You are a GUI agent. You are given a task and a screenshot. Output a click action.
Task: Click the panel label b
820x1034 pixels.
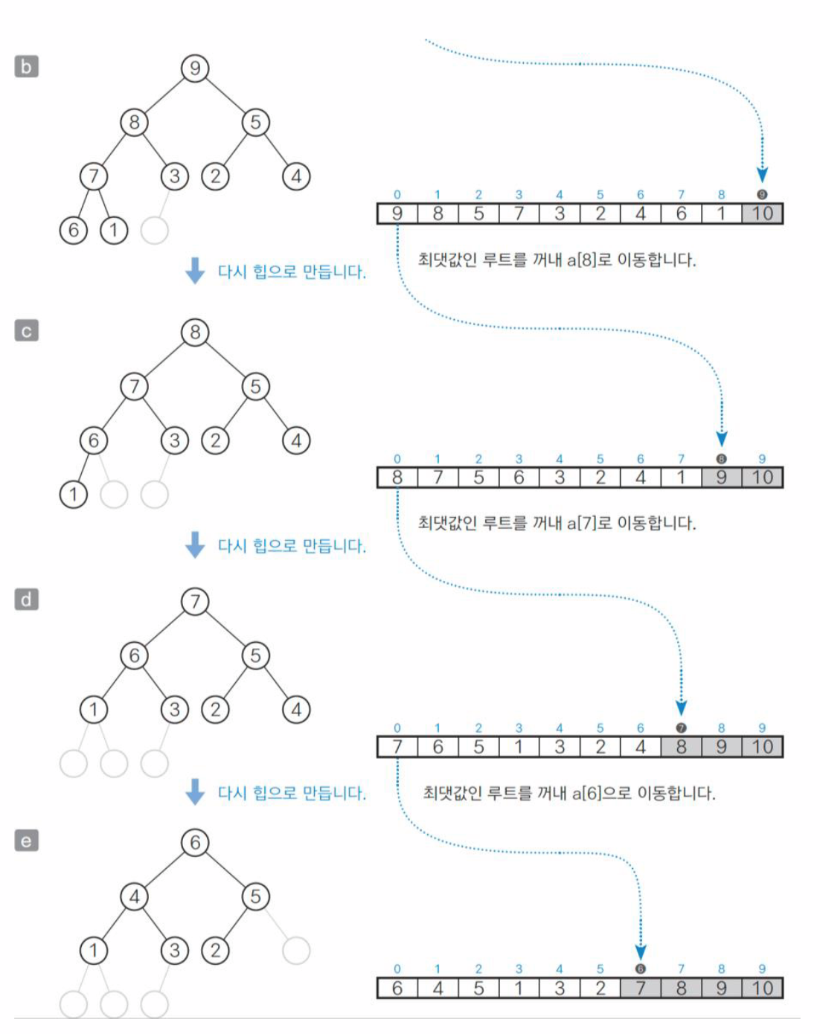(x=26, y=66)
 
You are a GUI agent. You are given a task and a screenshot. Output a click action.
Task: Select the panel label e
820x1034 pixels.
(x=26, y=841)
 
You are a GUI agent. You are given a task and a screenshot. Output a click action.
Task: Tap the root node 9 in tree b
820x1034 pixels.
(x=195, y=68)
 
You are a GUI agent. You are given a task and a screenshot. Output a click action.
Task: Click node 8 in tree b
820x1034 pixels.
(x=134, y=122)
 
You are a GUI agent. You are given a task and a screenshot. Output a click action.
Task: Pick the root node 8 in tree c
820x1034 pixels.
(x=195, y=333)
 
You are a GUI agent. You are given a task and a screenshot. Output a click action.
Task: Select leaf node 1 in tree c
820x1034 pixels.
(x=73, y=494)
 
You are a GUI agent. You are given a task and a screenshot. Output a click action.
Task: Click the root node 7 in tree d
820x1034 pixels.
(x=195, y=601)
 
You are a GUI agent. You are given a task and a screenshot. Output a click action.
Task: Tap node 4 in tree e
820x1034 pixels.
(x=134, y=896)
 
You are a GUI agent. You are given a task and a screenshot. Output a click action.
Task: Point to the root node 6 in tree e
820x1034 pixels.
(x=195, y=842)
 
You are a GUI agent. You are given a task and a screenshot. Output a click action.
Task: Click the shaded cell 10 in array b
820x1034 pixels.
(x=762, y=213)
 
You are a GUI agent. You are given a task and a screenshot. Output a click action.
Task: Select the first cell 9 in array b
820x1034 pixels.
(x=397, y=213)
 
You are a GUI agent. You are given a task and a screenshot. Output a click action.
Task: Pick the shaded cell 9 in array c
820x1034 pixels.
(x=721, y=478)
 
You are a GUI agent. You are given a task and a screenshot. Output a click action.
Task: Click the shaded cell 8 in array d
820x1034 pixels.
(x=681, y=747)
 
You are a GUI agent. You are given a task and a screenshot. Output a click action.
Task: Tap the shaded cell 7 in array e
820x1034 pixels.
(x=640, y=988)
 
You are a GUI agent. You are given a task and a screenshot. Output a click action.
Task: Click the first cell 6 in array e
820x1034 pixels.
(x=397, y=988)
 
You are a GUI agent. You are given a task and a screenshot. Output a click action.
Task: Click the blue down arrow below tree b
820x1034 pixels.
(x=195, y=271)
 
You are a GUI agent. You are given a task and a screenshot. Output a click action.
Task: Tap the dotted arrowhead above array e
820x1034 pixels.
(x=641, y=951)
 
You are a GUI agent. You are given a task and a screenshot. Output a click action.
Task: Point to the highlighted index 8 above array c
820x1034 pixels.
(x=721, y=459)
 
